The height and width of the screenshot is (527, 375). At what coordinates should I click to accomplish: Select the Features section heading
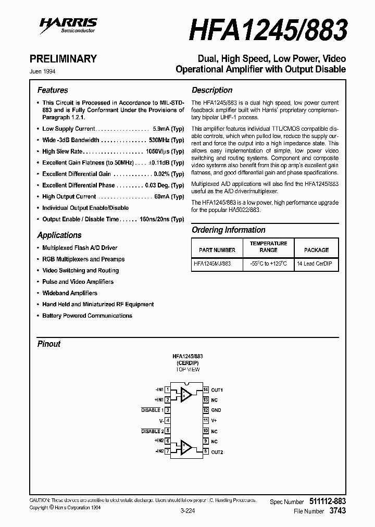click(53, 90)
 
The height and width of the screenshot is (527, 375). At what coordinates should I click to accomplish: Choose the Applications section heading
click(59, 235)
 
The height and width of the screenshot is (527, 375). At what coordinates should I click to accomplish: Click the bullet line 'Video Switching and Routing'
click(80, 270)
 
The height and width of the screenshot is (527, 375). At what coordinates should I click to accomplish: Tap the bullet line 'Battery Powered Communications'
click(87, 316)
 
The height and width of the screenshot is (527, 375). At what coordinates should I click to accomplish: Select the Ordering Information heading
click(228, 230)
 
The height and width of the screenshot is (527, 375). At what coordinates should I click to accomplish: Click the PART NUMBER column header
click(214, 250)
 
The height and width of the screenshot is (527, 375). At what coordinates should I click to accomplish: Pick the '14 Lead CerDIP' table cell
click(314, 264)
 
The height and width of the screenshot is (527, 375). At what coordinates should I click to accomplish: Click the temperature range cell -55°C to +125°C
click(268, 264)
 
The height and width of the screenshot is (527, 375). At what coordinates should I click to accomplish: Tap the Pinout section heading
click(48, 344)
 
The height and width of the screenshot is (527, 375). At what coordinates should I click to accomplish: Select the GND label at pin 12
click(216, 410)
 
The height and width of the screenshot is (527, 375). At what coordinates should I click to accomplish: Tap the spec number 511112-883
click(327, 501)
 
